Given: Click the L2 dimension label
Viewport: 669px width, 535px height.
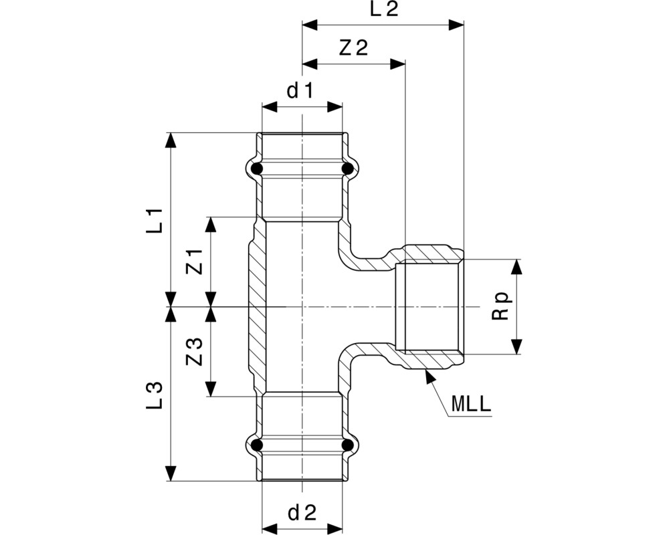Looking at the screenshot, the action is pyautogui.click(x=384, y=9).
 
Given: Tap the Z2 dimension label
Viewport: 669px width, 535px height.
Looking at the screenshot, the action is pyautogui.click(x=353, y=48).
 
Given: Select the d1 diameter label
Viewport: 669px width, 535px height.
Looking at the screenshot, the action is pyautogui.click(x=300, y=90).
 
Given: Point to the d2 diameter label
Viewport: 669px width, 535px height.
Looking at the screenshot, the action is pyautogui.click(x=302, y=513).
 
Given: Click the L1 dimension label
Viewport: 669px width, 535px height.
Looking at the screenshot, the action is pyautogui.click(x=155, y=220).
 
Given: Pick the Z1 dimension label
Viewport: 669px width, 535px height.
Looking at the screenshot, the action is pyautogui.click(x=194, y=262).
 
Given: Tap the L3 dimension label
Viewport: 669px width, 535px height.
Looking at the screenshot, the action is pyautogui.click(x=155, y=395).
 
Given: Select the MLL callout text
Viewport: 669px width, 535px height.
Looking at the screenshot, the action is pyautogui.click(x=471, y=404).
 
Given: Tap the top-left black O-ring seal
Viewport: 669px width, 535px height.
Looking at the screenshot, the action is pyautogui.click(x=256, y=169).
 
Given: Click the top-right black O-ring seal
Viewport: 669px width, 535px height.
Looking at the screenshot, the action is pyautogui.click(x=348, y=169).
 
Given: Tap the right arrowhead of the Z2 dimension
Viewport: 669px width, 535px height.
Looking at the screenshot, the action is pyautogui.click(x=397, y=64).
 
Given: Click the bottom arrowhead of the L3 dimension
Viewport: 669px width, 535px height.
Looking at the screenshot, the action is pyautogui.click(x=171, y=473).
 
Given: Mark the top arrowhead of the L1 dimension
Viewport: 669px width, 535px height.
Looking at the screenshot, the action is pyautogui.click(x=171, y=140).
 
